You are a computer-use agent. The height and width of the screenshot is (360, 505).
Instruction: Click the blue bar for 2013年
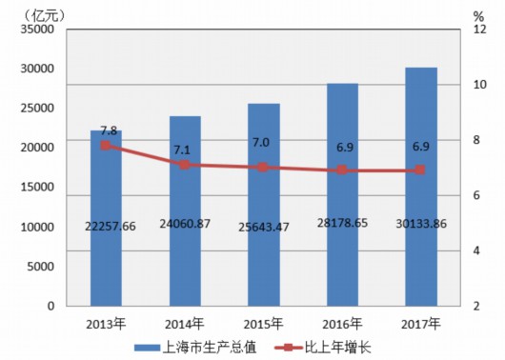pos(106,218)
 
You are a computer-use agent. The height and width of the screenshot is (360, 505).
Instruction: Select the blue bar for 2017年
pos(421,187)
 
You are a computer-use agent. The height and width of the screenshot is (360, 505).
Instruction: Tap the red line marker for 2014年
pos(185,165)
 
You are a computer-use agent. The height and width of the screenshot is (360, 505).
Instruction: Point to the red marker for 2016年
pos(342,170)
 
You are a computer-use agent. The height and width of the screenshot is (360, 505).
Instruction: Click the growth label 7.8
pos(109,130)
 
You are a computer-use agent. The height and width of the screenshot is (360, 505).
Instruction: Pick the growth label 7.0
pos(261,142)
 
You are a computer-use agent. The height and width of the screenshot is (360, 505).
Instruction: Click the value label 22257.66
pos(111,226)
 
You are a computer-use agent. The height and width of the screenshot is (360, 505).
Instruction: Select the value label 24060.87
pos(185,224)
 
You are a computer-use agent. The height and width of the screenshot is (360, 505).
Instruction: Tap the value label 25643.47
pos(264,227)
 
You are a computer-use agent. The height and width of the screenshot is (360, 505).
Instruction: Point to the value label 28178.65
pos(342,223)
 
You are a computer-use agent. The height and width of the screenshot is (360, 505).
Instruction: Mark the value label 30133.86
pos(421,224)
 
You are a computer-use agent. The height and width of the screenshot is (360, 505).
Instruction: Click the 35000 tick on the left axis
pos(37,29)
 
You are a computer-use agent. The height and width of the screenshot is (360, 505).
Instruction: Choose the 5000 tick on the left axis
pos(41,267)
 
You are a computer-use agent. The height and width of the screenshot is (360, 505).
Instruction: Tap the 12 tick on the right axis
pos(479,30)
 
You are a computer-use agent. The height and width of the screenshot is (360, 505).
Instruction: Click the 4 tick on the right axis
pos(476,250)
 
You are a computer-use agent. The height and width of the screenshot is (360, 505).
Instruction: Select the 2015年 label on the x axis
pos(263,324)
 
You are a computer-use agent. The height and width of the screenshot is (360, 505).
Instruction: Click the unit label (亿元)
pos(45,15)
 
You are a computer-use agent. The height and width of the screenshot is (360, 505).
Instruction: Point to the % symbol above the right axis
pos(478,16)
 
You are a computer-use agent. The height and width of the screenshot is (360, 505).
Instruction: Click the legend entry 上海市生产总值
pos(195,348)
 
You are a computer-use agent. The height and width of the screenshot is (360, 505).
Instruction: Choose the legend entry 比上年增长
pos(323,348)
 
